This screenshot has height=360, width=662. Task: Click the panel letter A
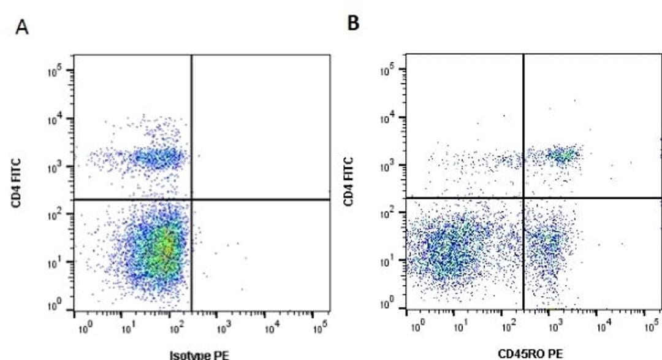(x=22, y=28)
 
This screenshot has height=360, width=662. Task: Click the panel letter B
(x=354, y=23)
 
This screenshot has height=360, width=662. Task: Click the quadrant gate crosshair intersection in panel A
(x=192, y=199)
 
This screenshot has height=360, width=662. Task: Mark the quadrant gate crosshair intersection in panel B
(x=523, y=197)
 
